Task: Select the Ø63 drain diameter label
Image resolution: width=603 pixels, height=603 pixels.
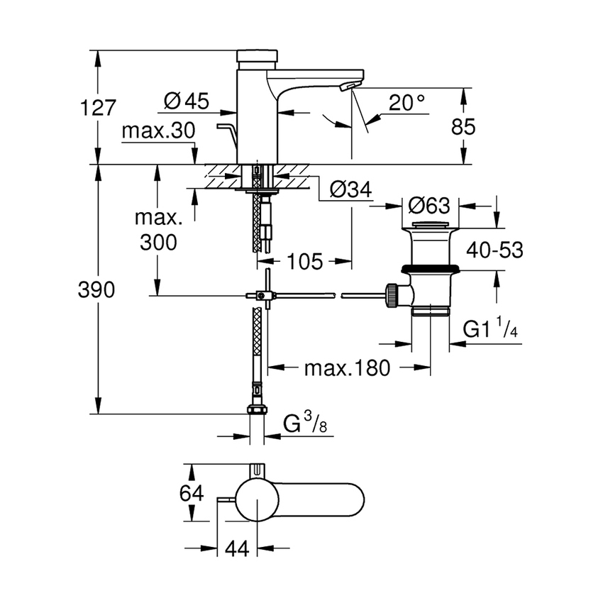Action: [430, 206]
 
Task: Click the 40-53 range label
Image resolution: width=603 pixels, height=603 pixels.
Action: [494, 250]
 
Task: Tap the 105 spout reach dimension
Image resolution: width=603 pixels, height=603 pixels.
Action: [305, 261]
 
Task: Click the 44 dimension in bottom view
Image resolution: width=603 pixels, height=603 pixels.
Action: [237, 548]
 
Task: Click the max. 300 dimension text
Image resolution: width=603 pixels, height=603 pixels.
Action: [158, 229]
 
